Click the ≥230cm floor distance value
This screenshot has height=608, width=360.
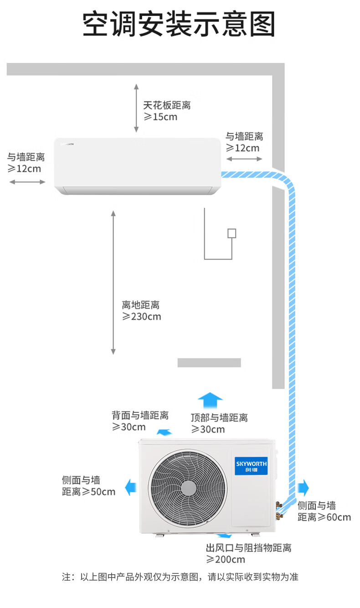tap(141, 316)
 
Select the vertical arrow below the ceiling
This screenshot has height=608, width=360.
tap(136, 108)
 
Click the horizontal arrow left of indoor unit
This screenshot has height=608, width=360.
tap(27, 182)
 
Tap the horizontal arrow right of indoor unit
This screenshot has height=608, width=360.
tap(244, 159)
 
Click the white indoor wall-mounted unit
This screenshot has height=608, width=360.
tap(137, 166)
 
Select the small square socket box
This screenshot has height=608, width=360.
tap(232, 233)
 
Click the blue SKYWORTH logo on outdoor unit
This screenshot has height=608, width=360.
tap(251, 465)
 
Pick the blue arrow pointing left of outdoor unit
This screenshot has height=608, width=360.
tap(131, 487)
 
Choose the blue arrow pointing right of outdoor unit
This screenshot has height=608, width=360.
tap(303, 488)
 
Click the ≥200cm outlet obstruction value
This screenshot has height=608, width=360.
tap(226, 559)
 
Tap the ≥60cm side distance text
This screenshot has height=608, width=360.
tap(324, 517)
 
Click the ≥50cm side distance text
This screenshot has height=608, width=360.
tap(89, 492)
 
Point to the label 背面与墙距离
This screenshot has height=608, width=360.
tap(140, 415)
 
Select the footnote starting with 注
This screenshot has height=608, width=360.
tap(180, 577)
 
